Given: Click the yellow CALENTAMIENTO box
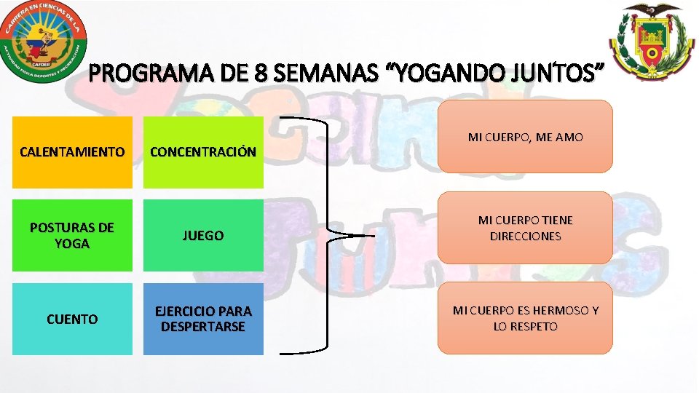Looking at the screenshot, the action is (x=72, y=152).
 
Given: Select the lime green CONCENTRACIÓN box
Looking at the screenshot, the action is (x=203, y=152).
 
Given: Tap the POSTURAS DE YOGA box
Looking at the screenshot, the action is (x=72, y=235).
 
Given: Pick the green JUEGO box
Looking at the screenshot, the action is (x=203, y=235).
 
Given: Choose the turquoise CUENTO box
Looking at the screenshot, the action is (x=72, y=319).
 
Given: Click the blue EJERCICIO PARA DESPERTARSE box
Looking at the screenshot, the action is (x=203, y=319).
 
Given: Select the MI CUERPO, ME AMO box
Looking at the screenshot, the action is (x=525, y=137).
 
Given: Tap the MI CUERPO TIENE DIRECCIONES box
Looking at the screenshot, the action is (x=525, y=228).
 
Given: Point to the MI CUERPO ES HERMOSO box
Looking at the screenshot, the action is (x=525, y=319).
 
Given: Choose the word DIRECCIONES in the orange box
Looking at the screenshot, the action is (x=525, y=236).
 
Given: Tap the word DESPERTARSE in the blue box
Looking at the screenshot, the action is (x=203, y=327).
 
